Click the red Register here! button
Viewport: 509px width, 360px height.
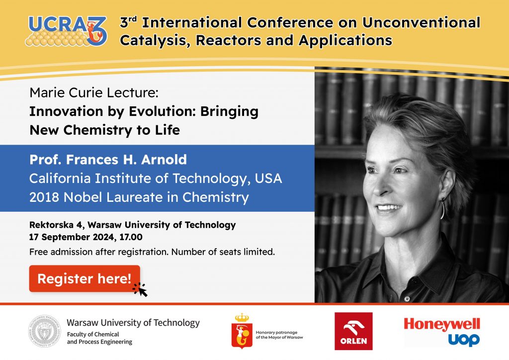point(85,278)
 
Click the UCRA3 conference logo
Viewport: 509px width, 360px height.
point(66,31)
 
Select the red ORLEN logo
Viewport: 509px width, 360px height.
point(353,331)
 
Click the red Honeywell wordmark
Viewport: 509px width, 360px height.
point(442,324)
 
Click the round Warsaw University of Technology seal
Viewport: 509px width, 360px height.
point(44,331)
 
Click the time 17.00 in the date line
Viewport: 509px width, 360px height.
point(131,237)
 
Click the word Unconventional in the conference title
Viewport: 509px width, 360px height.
point(421,22)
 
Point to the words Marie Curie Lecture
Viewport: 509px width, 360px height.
point(94,93)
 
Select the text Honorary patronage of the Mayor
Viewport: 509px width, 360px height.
point(279,335)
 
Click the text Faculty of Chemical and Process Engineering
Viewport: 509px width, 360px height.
point(99,338)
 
